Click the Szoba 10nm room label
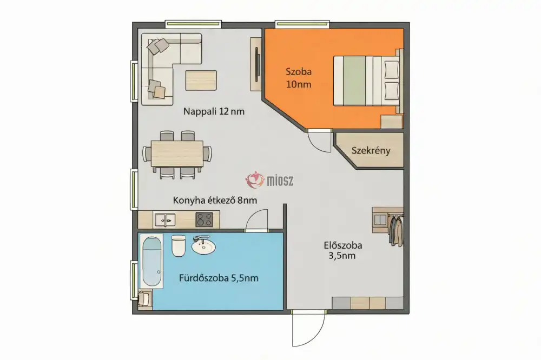[x=299, y=78]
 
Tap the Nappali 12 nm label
[x=214, y=111]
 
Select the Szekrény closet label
[x=371, y=151]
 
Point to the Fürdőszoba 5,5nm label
[x=219, y=278]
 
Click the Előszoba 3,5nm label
[x=343, y=250]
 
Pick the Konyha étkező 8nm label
[x=215, y=200]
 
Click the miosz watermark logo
[x=269, y=180]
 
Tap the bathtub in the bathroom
[x=152, y=261]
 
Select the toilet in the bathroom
[x=179, y=246]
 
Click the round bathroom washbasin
[x=203, y=246]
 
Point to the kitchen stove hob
[x=204, y=219]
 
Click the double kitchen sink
[x=164, y=220]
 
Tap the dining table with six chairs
[x=177, y=154]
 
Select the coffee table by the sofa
[x=201, y=81]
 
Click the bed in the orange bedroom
[x=367, y=81]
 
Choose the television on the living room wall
[x=256, y=64]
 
